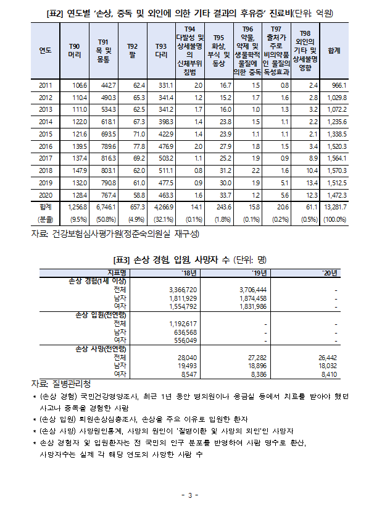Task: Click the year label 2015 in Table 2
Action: [45, 133]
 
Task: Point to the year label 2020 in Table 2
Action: [45, 194]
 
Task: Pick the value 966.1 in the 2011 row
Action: [341, 85]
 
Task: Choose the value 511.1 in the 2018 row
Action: [164, 170]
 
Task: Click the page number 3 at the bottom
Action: [191, 495]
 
